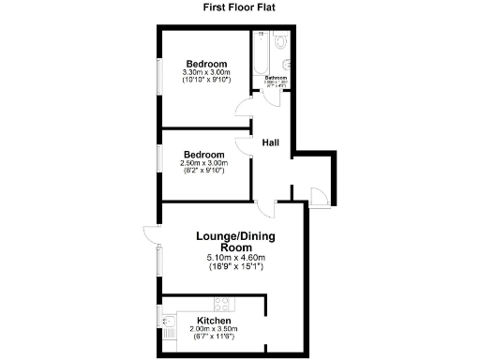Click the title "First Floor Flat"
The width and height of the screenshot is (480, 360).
point(239,7)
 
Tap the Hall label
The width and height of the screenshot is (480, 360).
point(271,142)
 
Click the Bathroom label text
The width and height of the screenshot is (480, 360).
point(276,78)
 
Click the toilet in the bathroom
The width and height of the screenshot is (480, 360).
point(282,43)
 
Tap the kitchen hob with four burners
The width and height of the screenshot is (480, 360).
point(223,304)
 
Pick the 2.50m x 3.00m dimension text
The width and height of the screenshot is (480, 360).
point(204,163)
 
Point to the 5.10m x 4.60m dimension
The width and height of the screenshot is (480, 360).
point(236,258)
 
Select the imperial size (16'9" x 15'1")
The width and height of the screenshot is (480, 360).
point(236,267)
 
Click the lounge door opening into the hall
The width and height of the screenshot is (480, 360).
point(265,209)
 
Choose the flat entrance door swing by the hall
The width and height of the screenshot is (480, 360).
point(319,196)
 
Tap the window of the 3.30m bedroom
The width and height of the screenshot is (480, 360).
point(158,76)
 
